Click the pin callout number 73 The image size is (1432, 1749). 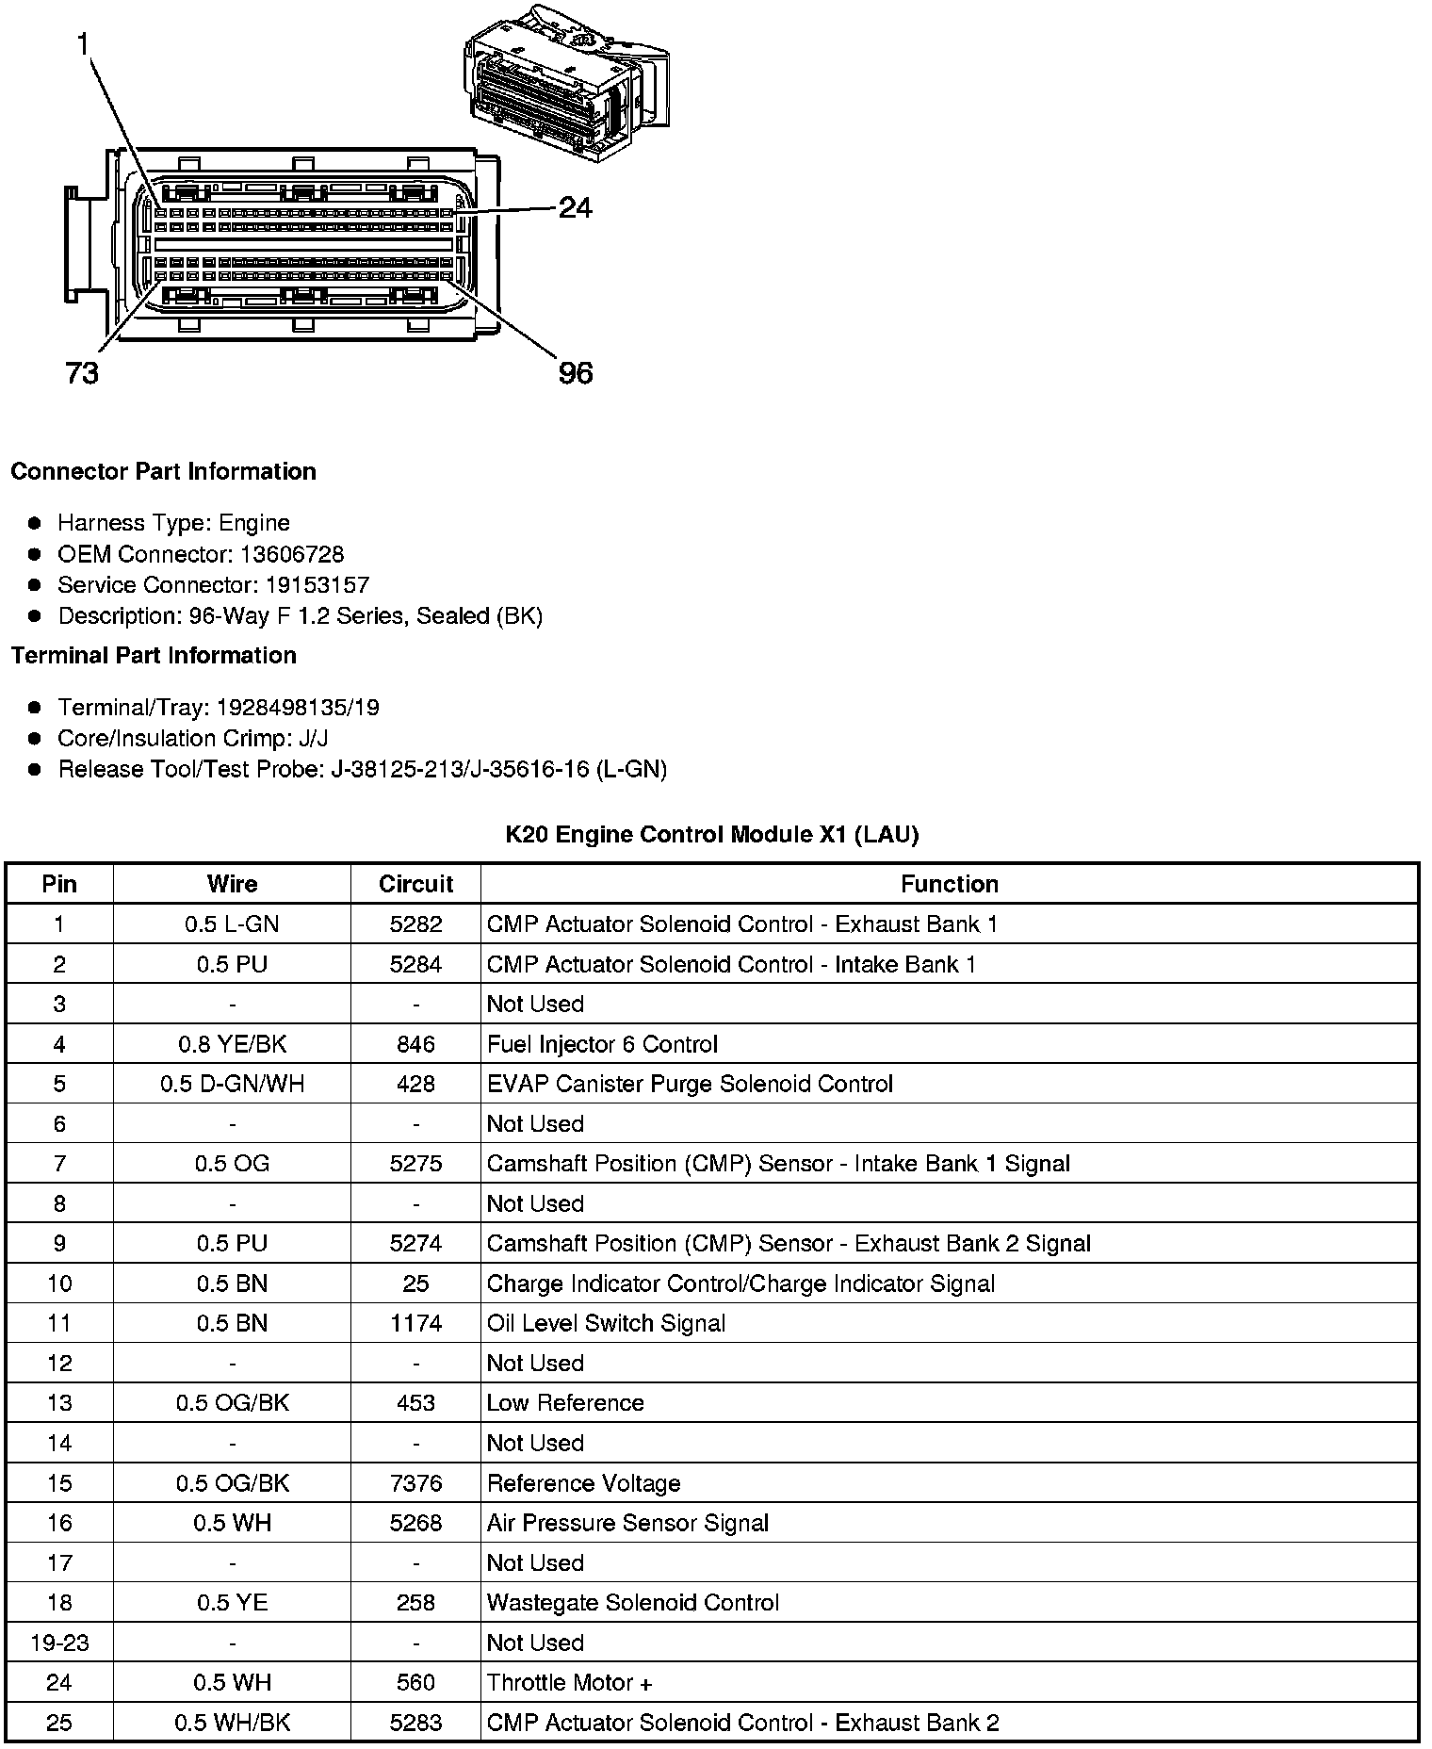point(82,374)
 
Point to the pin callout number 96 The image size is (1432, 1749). point(576,374)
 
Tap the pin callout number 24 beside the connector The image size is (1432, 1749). point(575,207)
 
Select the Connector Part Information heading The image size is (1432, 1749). point(163,471)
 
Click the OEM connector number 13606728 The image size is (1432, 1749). point(292,554)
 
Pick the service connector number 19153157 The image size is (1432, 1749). point(317,585)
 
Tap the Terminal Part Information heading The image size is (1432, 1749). point(154,655)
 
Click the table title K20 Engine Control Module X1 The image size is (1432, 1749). point(712,834)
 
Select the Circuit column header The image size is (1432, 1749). point(415,884)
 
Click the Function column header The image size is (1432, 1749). point(949,884)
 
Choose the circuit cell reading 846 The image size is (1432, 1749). point(415,1044)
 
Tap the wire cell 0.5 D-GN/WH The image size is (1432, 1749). point(232,1084)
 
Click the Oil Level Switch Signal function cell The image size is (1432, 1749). point(606,1323)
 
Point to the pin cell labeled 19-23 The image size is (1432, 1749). point(59,1643)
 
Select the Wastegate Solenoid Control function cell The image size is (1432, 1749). point(632,1602)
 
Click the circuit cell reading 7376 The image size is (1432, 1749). point(415,1483)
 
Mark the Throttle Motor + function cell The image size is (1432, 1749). point(569,1682)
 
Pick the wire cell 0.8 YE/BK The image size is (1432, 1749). point(232,1044)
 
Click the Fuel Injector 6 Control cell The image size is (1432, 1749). point(602,1044)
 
